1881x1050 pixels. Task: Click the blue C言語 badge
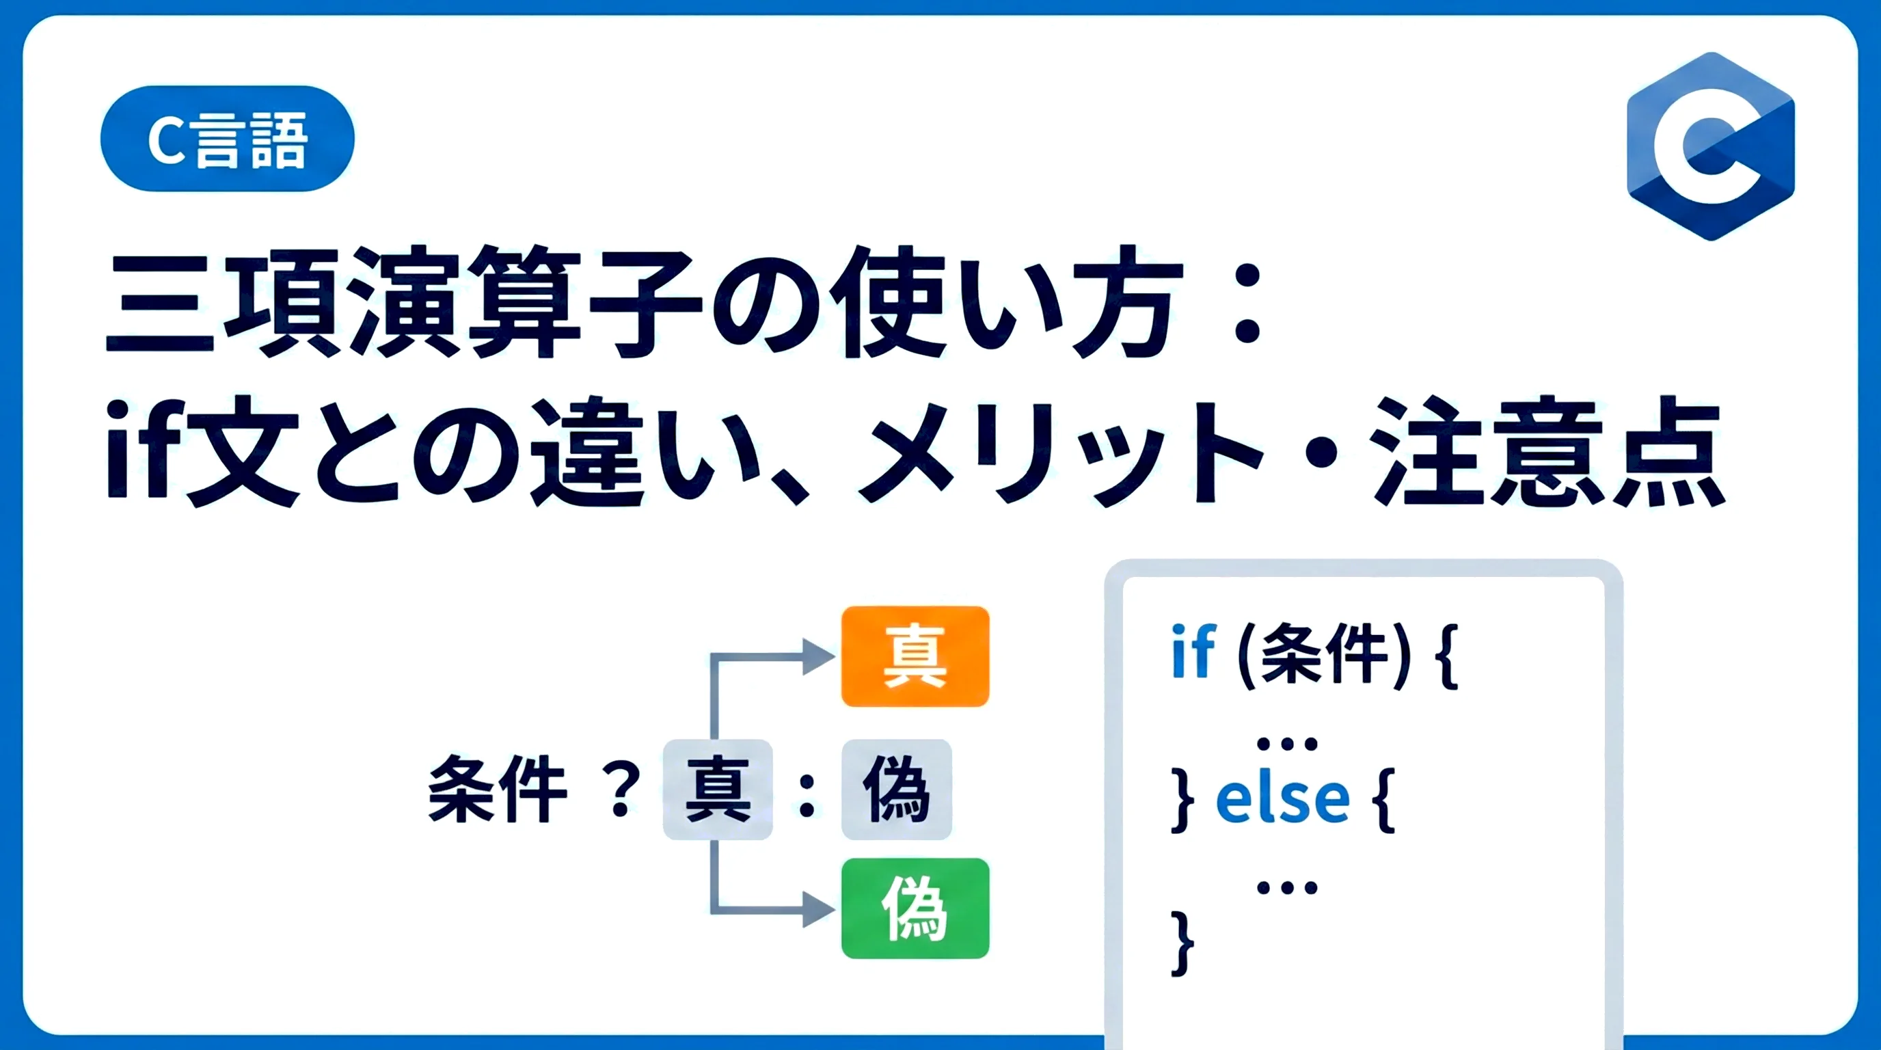227,139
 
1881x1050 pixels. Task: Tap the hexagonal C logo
1710,146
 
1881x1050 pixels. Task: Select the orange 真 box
915,656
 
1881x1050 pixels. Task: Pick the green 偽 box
915,908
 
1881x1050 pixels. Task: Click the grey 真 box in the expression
718,790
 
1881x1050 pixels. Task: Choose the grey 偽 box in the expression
897,790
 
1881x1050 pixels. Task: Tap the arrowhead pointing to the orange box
819,656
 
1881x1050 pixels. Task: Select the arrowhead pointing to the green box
819,909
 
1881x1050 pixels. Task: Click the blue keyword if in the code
1193,651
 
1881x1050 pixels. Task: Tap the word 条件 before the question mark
498,790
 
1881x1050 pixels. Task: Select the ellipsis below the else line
1286,888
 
